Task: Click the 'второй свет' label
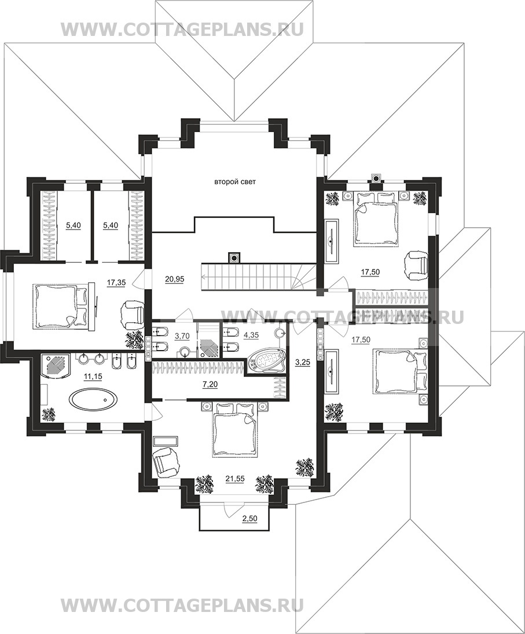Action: [x=234, y=182]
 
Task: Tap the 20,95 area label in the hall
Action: [x=174, y=278]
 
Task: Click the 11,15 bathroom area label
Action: [x=93, y=376]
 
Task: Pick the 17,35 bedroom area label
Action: [x=116, y=283]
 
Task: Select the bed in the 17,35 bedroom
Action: [x=61, y=305]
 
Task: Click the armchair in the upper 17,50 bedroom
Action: [x=416, y=265]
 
